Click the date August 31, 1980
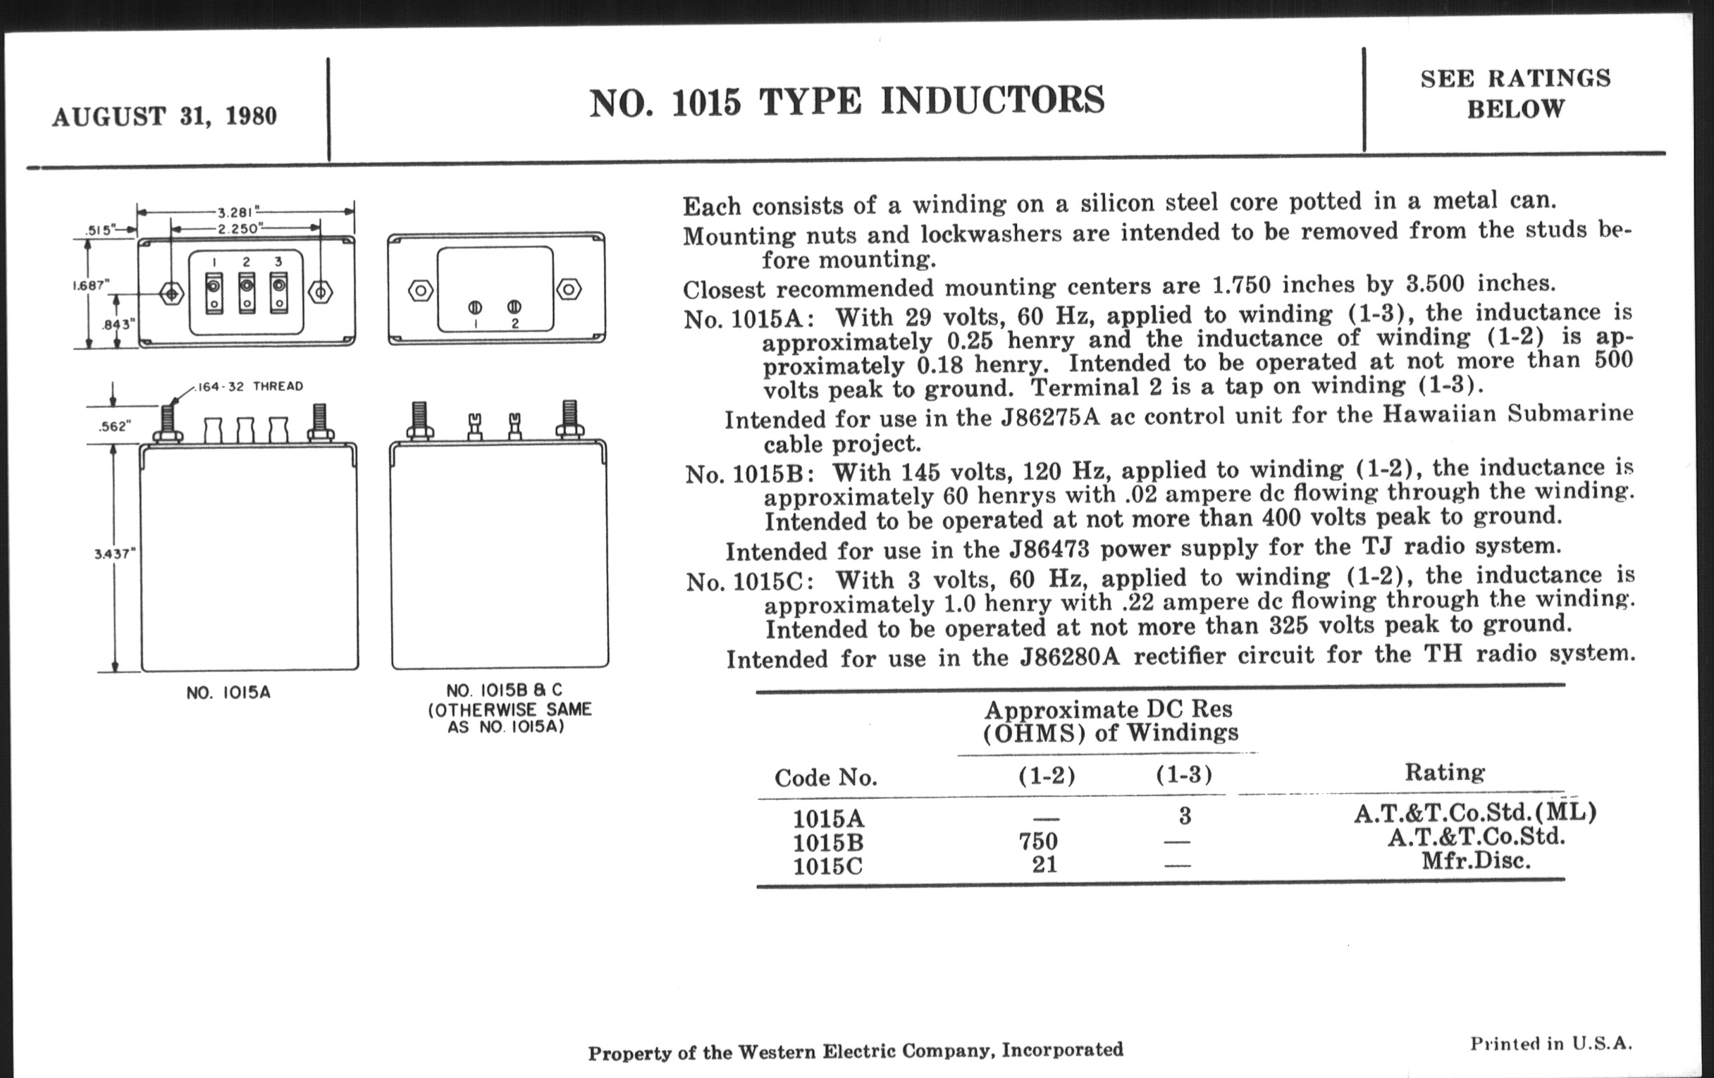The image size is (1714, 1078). point(164,116)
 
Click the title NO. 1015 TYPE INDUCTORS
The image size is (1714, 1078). point(846,100)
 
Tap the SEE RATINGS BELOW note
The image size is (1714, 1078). point(1515,93)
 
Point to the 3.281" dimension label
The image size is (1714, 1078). point(238,212)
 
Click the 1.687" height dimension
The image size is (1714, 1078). point(91,285)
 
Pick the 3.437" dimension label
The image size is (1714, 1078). point(114,554)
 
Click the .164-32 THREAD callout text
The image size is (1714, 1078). point(249,386)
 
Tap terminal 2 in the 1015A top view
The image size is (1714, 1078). point(246,292)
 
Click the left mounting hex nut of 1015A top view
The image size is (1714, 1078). point(171,292)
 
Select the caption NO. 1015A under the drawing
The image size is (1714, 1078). point(228,693)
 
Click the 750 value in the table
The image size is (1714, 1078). point(1038,841)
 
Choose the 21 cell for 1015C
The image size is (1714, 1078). point(1044,865)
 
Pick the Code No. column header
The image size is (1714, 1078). point(826,778)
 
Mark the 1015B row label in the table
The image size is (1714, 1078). point(828,843)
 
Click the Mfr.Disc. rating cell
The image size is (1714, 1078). point(1476,861)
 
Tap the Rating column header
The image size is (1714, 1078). point(1444,772)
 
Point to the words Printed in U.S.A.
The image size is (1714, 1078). point(1550,1044)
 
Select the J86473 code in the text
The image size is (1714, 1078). point(1050,550)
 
